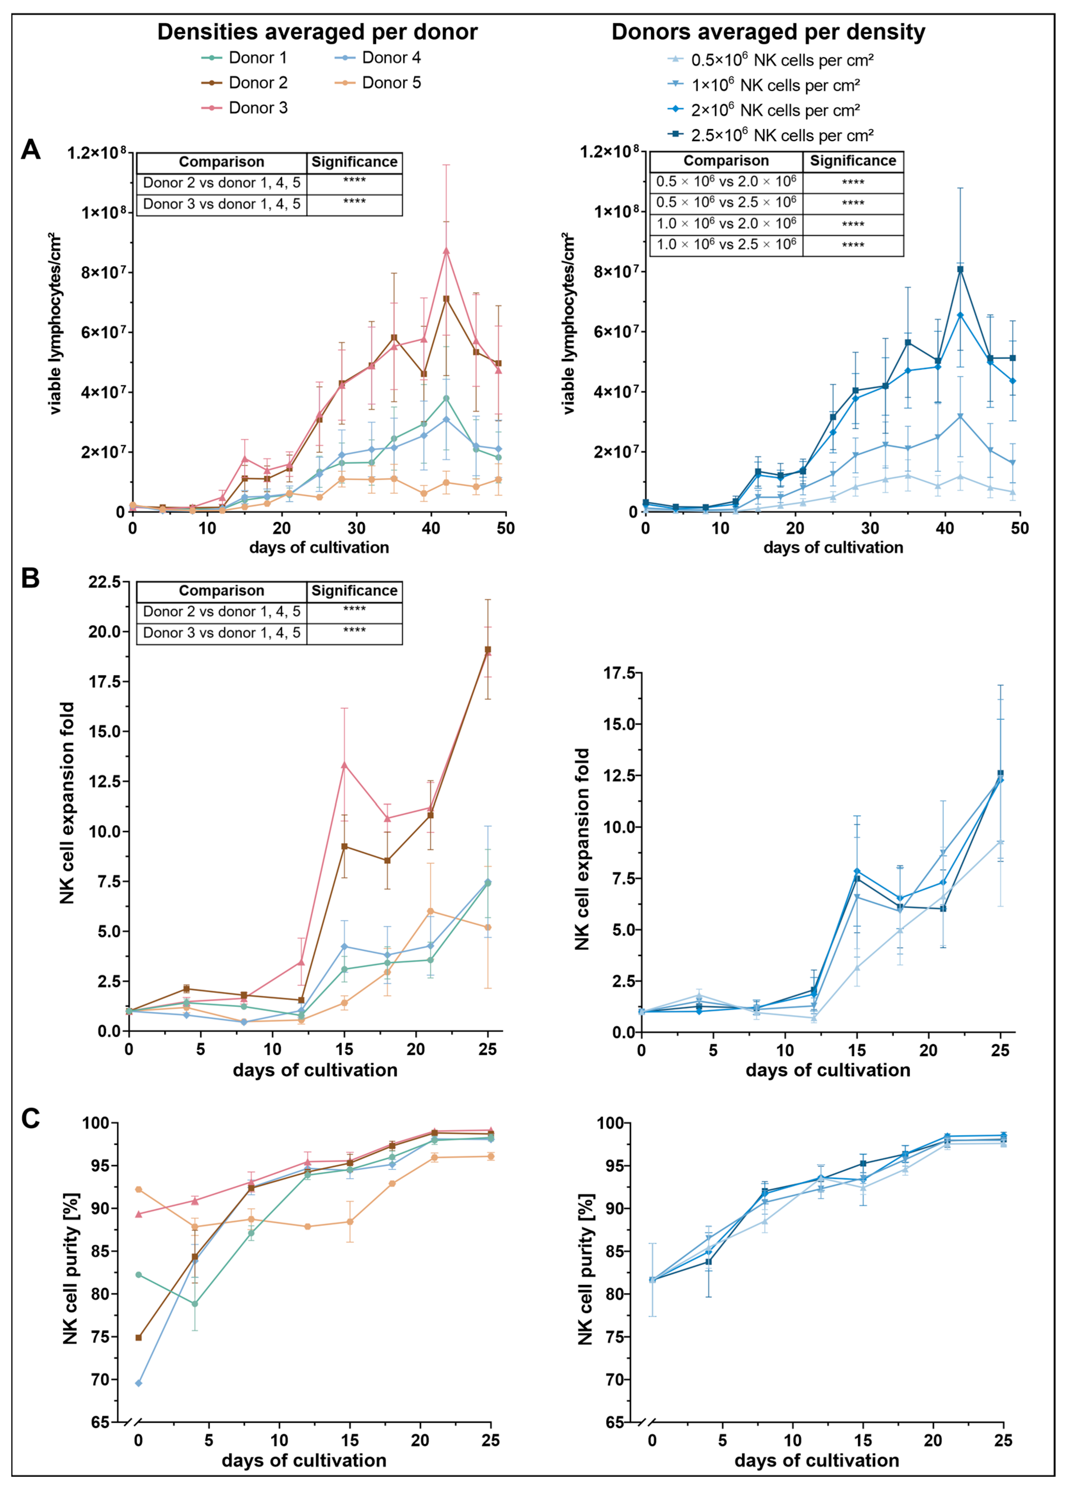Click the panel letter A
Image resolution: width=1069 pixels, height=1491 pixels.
coord(31,150)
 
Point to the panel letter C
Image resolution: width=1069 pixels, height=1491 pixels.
coord(31,1118)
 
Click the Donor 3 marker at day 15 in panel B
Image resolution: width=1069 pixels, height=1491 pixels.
coord(344,765)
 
